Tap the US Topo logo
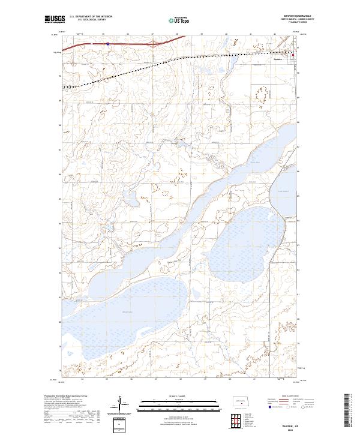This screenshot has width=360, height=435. pos(180,20)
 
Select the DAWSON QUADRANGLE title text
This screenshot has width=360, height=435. pos(292,16)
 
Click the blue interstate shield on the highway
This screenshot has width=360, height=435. pos(107,43)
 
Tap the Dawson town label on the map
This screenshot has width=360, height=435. pos(277,59)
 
